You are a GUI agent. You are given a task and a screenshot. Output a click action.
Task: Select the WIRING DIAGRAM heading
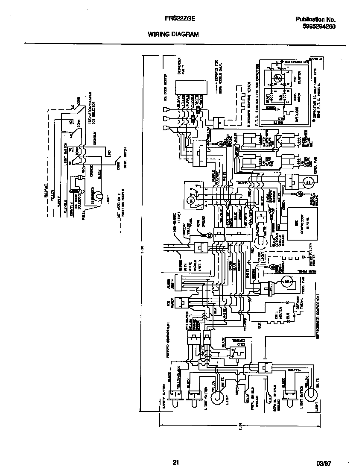tap(173, 34)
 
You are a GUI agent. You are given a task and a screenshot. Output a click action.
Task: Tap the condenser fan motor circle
tap(307, 183)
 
